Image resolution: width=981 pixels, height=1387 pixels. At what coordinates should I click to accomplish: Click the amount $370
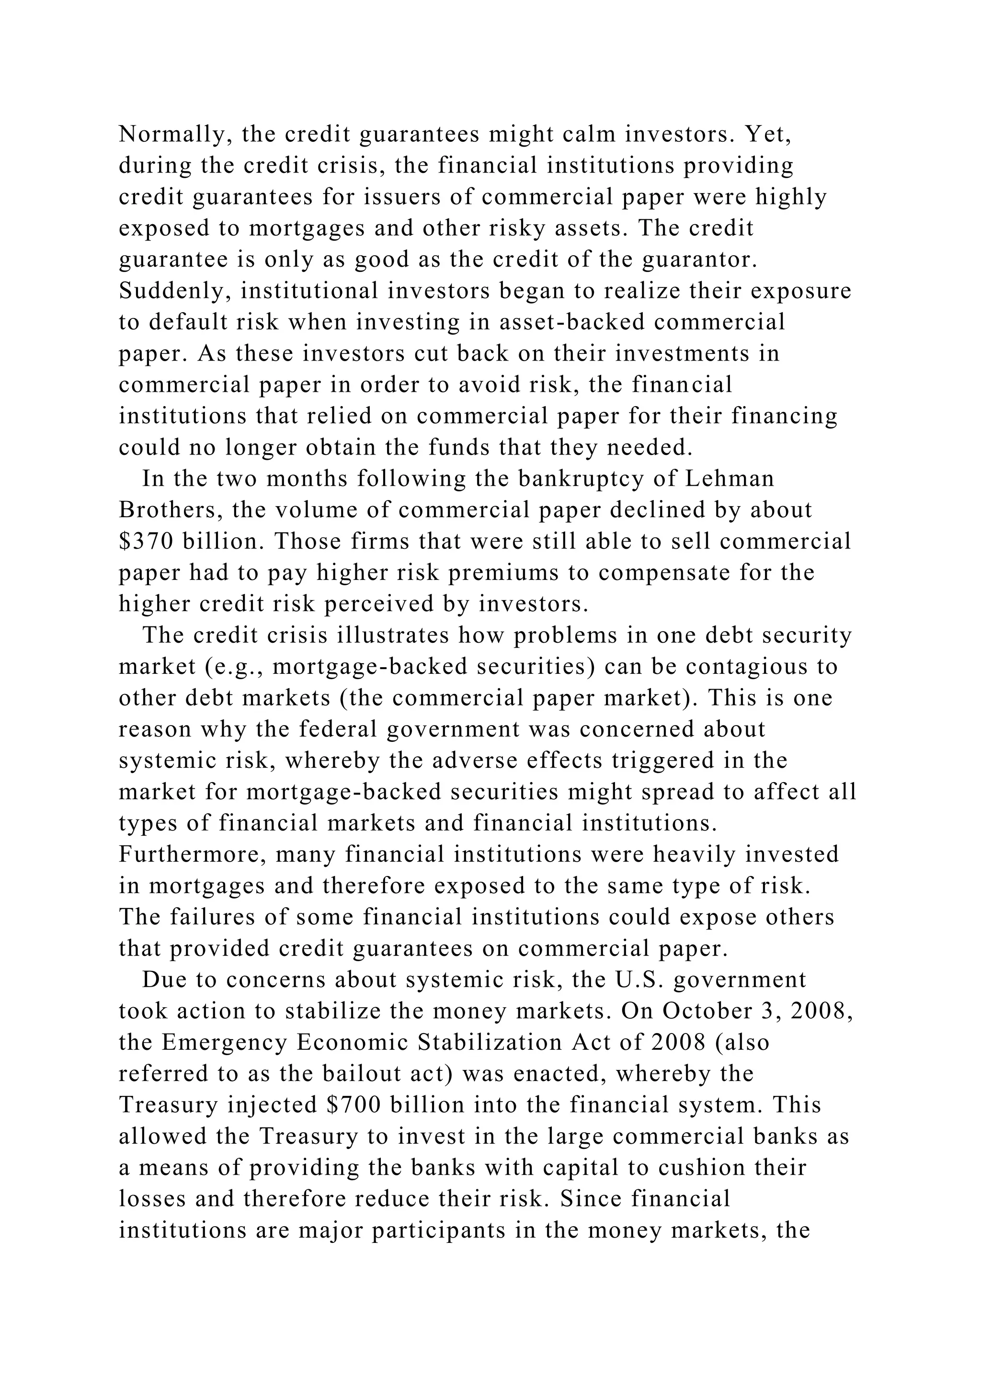tap(147, 541)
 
